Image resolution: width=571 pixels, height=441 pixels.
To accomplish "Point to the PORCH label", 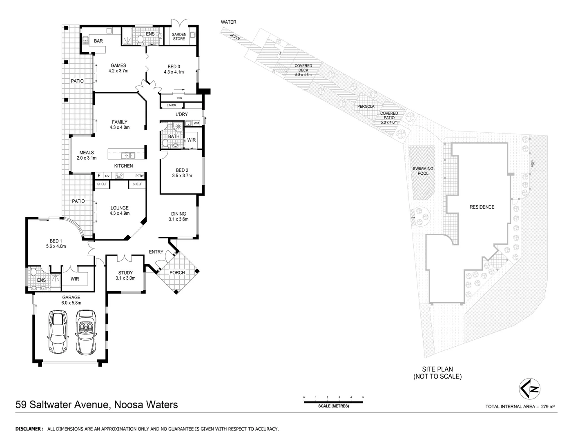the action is [177, 272].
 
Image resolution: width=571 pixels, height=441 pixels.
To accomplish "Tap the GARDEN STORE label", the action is [179, 37].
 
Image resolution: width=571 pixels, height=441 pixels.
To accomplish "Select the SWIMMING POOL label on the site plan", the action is [423, 171].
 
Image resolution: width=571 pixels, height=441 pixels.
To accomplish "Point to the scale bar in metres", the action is [333, 402].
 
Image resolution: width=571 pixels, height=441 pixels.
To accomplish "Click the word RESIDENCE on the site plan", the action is [482, 207].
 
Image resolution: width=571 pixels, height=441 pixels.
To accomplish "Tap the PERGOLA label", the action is [366, 107].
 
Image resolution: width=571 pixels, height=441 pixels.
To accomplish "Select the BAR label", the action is [98, 41].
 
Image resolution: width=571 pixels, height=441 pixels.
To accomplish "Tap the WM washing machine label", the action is [196, 123].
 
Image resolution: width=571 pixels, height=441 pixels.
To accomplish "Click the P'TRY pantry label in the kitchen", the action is [140, 176].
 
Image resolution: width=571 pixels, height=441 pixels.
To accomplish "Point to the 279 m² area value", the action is [548, 406].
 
